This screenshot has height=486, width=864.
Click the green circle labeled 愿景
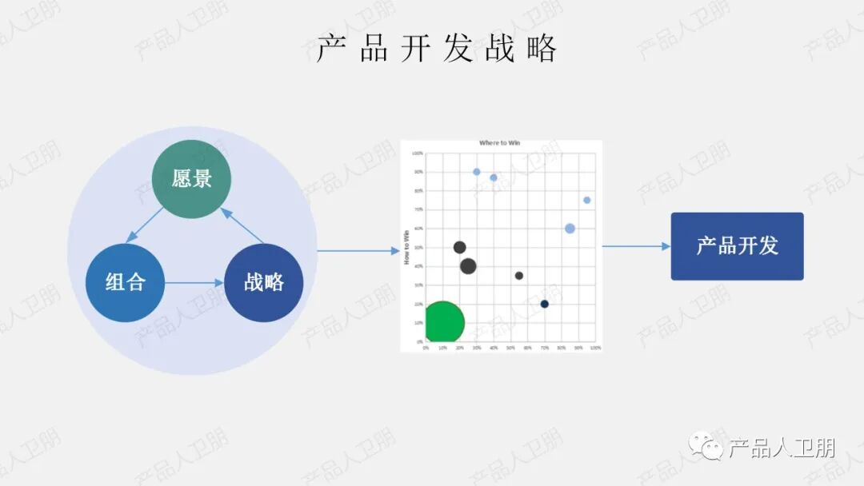point(192,178)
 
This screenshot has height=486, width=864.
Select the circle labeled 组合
point(126,282)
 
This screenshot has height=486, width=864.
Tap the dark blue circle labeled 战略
point(264,282)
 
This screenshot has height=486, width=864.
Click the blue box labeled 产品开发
point(737,246)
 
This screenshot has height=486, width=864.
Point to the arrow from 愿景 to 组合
point(146,224)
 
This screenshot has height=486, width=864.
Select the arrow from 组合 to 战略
point(194,282)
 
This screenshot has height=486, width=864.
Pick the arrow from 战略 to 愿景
point(242,225)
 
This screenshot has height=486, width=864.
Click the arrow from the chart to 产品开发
point(636,246)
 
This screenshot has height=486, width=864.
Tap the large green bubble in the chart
point(442,323)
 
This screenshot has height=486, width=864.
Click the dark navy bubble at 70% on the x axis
point(545,304)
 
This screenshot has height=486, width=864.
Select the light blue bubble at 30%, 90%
point(477,172)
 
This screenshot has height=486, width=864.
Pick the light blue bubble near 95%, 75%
point(587,200)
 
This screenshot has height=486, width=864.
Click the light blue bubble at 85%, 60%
point(570,229)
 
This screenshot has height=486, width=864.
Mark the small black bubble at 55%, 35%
point(519,276)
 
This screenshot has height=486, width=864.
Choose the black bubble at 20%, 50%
point(459,248)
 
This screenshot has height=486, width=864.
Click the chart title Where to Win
point(499,143)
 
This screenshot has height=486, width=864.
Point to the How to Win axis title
point(406,247)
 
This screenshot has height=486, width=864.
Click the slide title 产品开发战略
point(437,49)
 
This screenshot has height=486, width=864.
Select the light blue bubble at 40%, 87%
point(494,177)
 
